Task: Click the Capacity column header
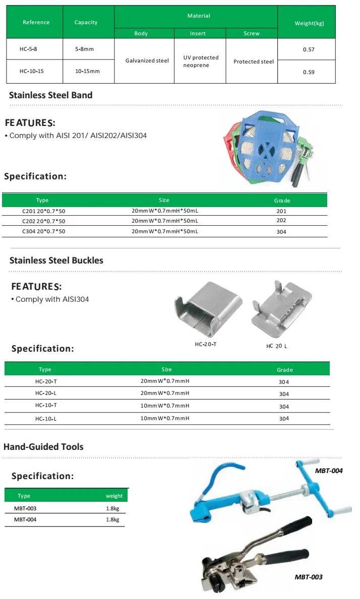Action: [86, 22]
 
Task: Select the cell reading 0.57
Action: [309, 49]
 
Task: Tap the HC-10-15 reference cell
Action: [32, 71]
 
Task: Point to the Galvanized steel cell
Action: [147, 60]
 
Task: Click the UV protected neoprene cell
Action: [201, 61]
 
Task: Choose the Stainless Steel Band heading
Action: [51, 95]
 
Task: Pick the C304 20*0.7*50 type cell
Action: [44, 232]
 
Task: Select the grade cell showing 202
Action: [281, 221]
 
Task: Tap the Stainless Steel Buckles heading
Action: [56, 260]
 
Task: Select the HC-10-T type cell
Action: [46, 406]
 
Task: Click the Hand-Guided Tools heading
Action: [43, 446]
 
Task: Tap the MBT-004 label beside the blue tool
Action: [329, 471]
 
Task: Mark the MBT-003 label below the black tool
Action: [309, 577]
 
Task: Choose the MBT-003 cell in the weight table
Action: [25, 508]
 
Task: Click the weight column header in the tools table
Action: [114, 496]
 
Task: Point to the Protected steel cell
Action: [254, 61]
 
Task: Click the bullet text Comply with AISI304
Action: [52, 299]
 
